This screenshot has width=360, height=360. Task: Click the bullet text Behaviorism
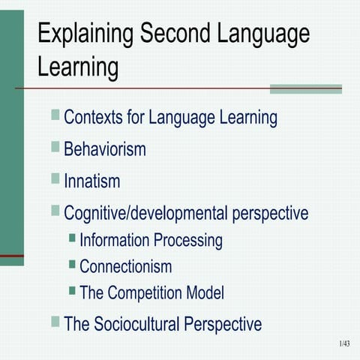pos(105,149)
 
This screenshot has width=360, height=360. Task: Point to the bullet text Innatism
pos(92,181)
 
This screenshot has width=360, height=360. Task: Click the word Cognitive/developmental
pos(145,213)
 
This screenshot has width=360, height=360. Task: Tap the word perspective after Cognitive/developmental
pos(270,213)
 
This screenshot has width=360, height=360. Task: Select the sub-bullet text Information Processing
pos(151,241)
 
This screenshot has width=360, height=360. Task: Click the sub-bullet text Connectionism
pos(125,266)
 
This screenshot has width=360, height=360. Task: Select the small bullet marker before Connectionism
pos(72,264)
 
